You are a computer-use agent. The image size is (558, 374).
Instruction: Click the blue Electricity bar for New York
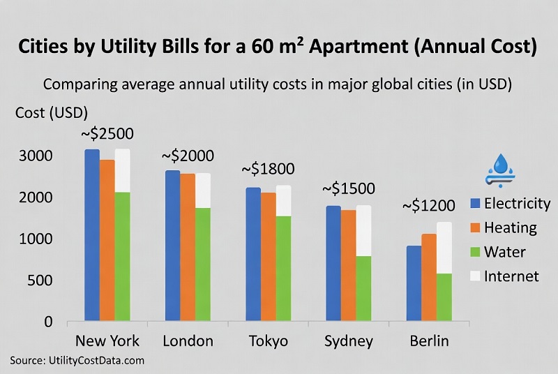tap(92, 235)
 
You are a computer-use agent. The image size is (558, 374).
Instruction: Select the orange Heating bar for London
tap(188, 248)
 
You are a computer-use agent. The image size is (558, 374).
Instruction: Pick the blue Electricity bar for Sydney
tap(333, 264)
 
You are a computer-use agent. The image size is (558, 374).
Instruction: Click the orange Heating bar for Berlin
tap(429, 278)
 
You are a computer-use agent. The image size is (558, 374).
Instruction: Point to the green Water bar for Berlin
tap(444, 297)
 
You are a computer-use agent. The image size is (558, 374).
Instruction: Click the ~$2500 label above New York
tap(107, 134)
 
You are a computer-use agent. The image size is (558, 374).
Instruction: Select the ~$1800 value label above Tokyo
tap(268, 169)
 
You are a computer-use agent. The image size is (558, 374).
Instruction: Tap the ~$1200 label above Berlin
tap(428, 206)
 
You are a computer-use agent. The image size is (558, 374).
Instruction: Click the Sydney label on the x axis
tap(349, 341)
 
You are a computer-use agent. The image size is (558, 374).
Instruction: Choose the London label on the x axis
tap(188, 341)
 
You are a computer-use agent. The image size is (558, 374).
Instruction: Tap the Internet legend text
tap(511, 276)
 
